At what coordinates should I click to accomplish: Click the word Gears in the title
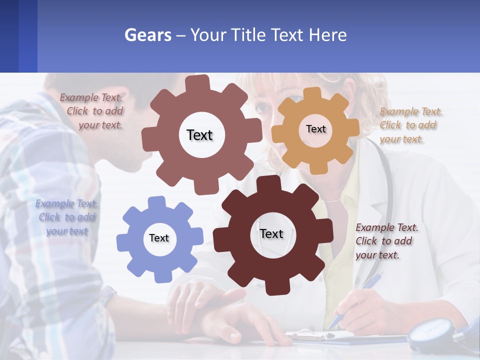[147, 35]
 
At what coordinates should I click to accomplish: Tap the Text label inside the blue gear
[159, 238]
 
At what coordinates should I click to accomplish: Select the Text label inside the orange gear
[315, 129]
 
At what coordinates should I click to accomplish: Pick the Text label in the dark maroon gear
[271, 234]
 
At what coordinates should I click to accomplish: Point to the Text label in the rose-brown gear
[199, 135]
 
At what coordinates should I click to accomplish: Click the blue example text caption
[67, 217]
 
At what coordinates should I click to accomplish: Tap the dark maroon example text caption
[386, 241]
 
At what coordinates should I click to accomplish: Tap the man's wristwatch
[107, 294]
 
